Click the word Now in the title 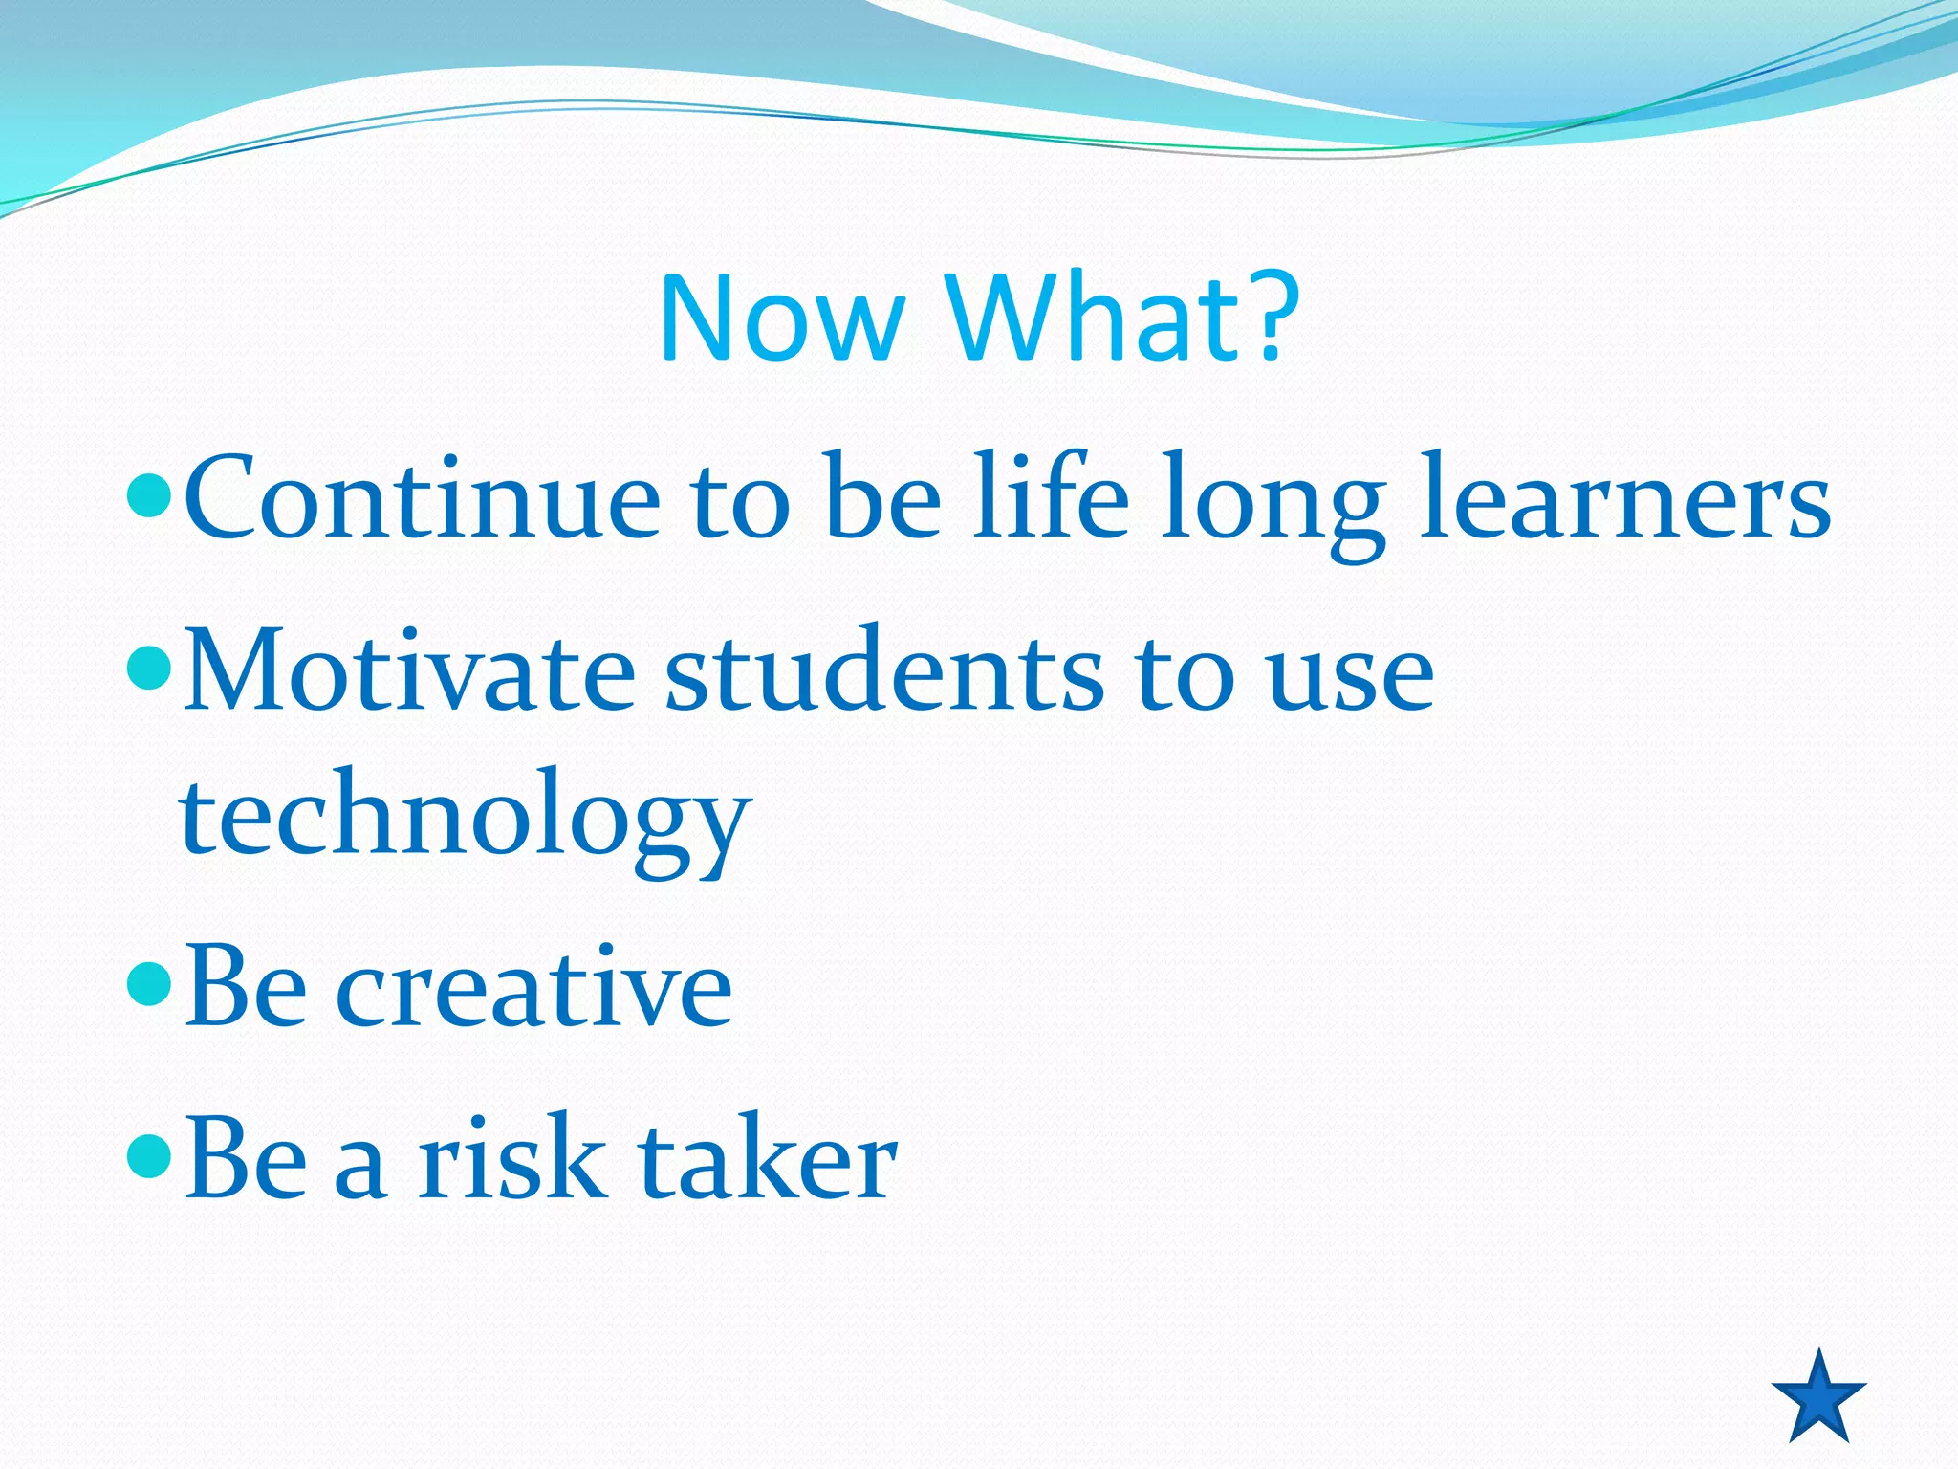782,319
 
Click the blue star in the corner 1818,1397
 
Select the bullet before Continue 149,494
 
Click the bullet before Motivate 149,669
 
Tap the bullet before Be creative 149,986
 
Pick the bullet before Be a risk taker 149,1156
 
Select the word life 1051,497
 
